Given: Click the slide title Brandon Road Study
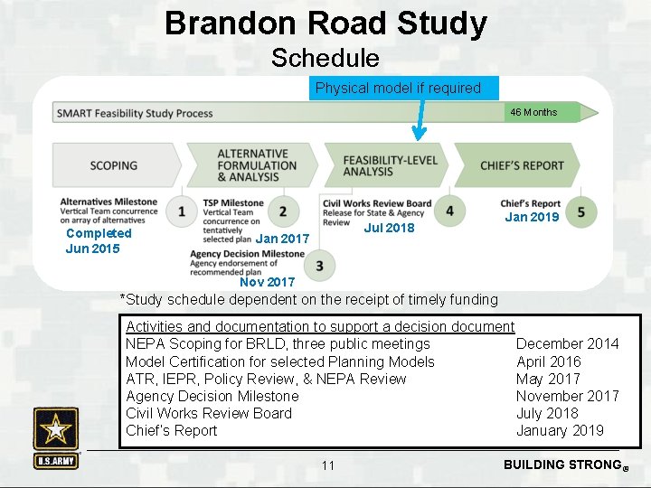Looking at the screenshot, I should (325, 23).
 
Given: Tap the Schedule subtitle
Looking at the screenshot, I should (325, 59).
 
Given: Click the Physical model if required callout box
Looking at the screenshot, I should (399, 88).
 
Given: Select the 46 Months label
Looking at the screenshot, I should (533, 112).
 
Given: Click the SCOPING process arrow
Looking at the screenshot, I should (114, 165).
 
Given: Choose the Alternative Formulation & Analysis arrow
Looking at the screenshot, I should (255, 165).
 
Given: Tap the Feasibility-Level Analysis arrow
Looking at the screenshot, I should (389, 165).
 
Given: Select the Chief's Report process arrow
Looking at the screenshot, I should (521, 165).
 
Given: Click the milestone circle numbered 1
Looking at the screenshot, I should (183, 211).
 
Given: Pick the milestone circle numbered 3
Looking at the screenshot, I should (319, 266).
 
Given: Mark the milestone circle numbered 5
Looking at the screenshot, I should (580, 211).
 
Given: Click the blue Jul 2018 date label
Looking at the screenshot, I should (389, 228).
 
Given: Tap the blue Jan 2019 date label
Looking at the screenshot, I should (532, 217).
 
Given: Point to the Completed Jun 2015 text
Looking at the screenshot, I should (98, 240).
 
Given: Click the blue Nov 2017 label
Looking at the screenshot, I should (267, 282).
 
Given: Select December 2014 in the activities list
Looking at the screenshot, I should (567, 343).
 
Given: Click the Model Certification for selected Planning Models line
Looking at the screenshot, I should (280, 361).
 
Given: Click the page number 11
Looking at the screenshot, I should (327, 465).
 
